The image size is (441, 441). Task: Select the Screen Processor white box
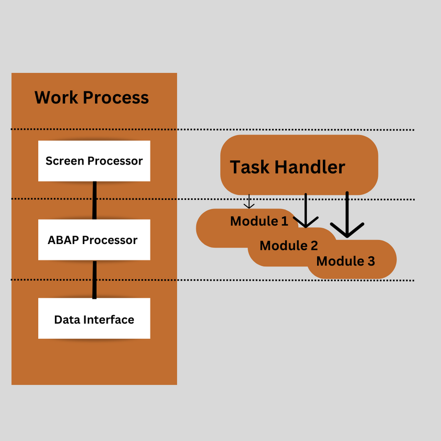94,161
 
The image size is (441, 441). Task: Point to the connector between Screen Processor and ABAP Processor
95,200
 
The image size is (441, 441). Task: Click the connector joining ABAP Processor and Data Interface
95,279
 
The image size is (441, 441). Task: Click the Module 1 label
259,221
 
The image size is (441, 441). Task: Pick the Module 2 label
289,245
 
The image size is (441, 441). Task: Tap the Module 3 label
345,261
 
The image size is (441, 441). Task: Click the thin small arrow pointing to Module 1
249,201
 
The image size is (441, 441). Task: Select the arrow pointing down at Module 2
306,211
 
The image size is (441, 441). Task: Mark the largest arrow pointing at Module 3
347,216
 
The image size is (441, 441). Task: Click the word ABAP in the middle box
63,240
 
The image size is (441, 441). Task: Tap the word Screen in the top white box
62,161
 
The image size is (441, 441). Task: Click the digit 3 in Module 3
370,261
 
